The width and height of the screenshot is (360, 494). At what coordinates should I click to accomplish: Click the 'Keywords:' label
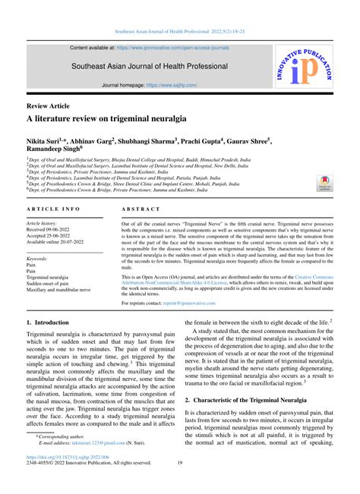point(37,259)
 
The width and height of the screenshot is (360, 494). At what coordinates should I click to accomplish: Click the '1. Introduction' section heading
point(47,322)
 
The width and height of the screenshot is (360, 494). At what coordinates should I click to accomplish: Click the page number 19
point(180,485)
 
